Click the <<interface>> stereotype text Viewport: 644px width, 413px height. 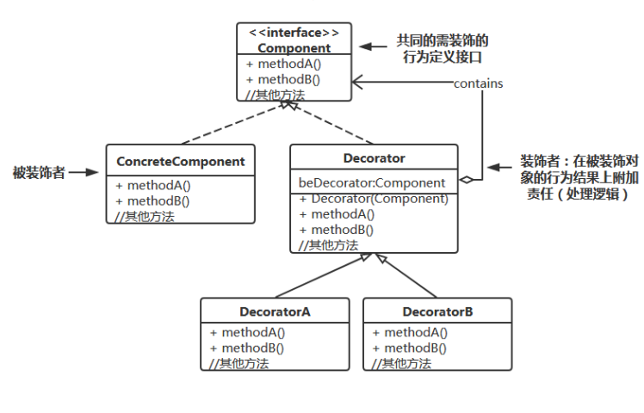click(x=294, y=33)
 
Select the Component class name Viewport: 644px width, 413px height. click(x=294, y=47)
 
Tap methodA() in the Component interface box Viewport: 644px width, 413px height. click(x=279, y=65)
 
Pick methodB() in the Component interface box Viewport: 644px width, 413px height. click(x=279, y=80)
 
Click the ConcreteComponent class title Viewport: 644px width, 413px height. click(x=180, y=161)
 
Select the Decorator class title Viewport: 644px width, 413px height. click(x=374, y=158)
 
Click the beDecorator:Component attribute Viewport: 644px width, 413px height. click(x=372, y=182)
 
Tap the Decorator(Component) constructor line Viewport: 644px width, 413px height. click(x=374, y=199)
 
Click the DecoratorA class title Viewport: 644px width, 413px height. click(x=275, y=311)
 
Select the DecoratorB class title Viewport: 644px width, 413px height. click(x=437, y=311)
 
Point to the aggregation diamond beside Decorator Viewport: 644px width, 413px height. click(x=466, y=180)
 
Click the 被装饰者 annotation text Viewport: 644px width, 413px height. click(x=38, y=172)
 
